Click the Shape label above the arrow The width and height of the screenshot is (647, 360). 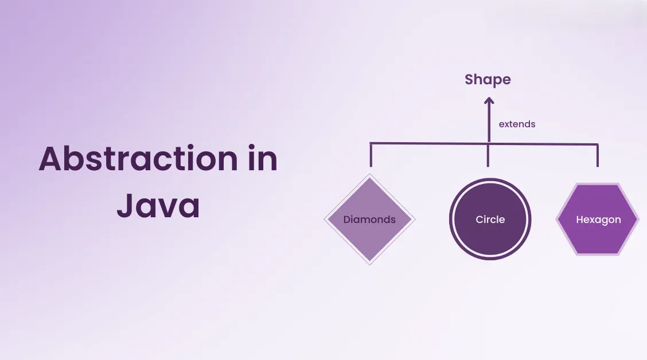tap(488, 80)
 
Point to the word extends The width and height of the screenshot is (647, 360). tap(517, 124)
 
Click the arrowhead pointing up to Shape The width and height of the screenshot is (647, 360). tap(489, 101)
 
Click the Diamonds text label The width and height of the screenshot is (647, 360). tap(369, 219)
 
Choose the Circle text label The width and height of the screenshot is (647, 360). tap(490, 219)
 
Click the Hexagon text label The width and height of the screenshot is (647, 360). tap(598, 220)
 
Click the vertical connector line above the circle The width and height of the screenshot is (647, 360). tap(489, 156)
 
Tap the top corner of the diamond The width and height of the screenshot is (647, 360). tap(370, 175)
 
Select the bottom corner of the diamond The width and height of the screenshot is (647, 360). tap(370, 263)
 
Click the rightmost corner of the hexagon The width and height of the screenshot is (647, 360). tap(638, 219)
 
